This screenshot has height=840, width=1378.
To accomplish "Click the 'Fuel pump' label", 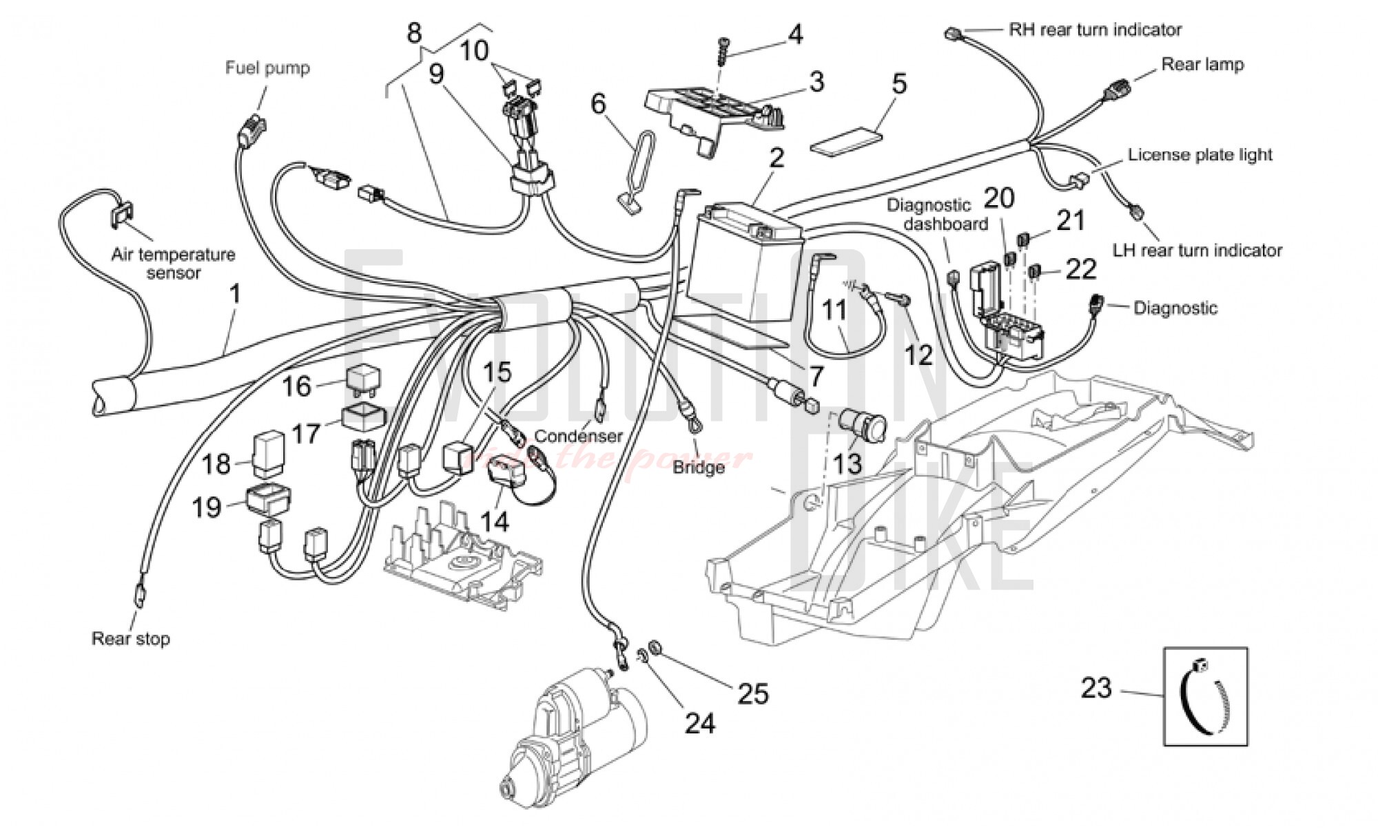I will point(267,68).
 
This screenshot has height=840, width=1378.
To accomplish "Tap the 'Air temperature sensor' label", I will point(174,264).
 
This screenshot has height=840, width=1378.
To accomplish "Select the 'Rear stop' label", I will point(131,639).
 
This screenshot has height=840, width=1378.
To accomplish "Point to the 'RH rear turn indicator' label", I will point(1095,30).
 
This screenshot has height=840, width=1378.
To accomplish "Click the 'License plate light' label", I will point(1200,155).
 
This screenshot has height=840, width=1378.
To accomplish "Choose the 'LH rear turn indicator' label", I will point(1197,250).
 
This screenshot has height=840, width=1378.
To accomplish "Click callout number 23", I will point(1096,688).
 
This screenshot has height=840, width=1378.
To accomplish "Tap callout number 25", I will point(752,693).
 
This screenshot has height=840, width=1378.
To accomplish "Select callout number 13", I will point(847,463).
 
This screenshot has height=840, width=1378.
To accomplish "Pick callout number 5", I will point(899,84).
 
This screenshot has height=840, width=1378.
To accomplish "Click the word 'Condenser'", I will point(578,436).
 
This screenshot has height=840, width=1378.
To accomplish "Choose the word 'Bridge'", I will point(699,467).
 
